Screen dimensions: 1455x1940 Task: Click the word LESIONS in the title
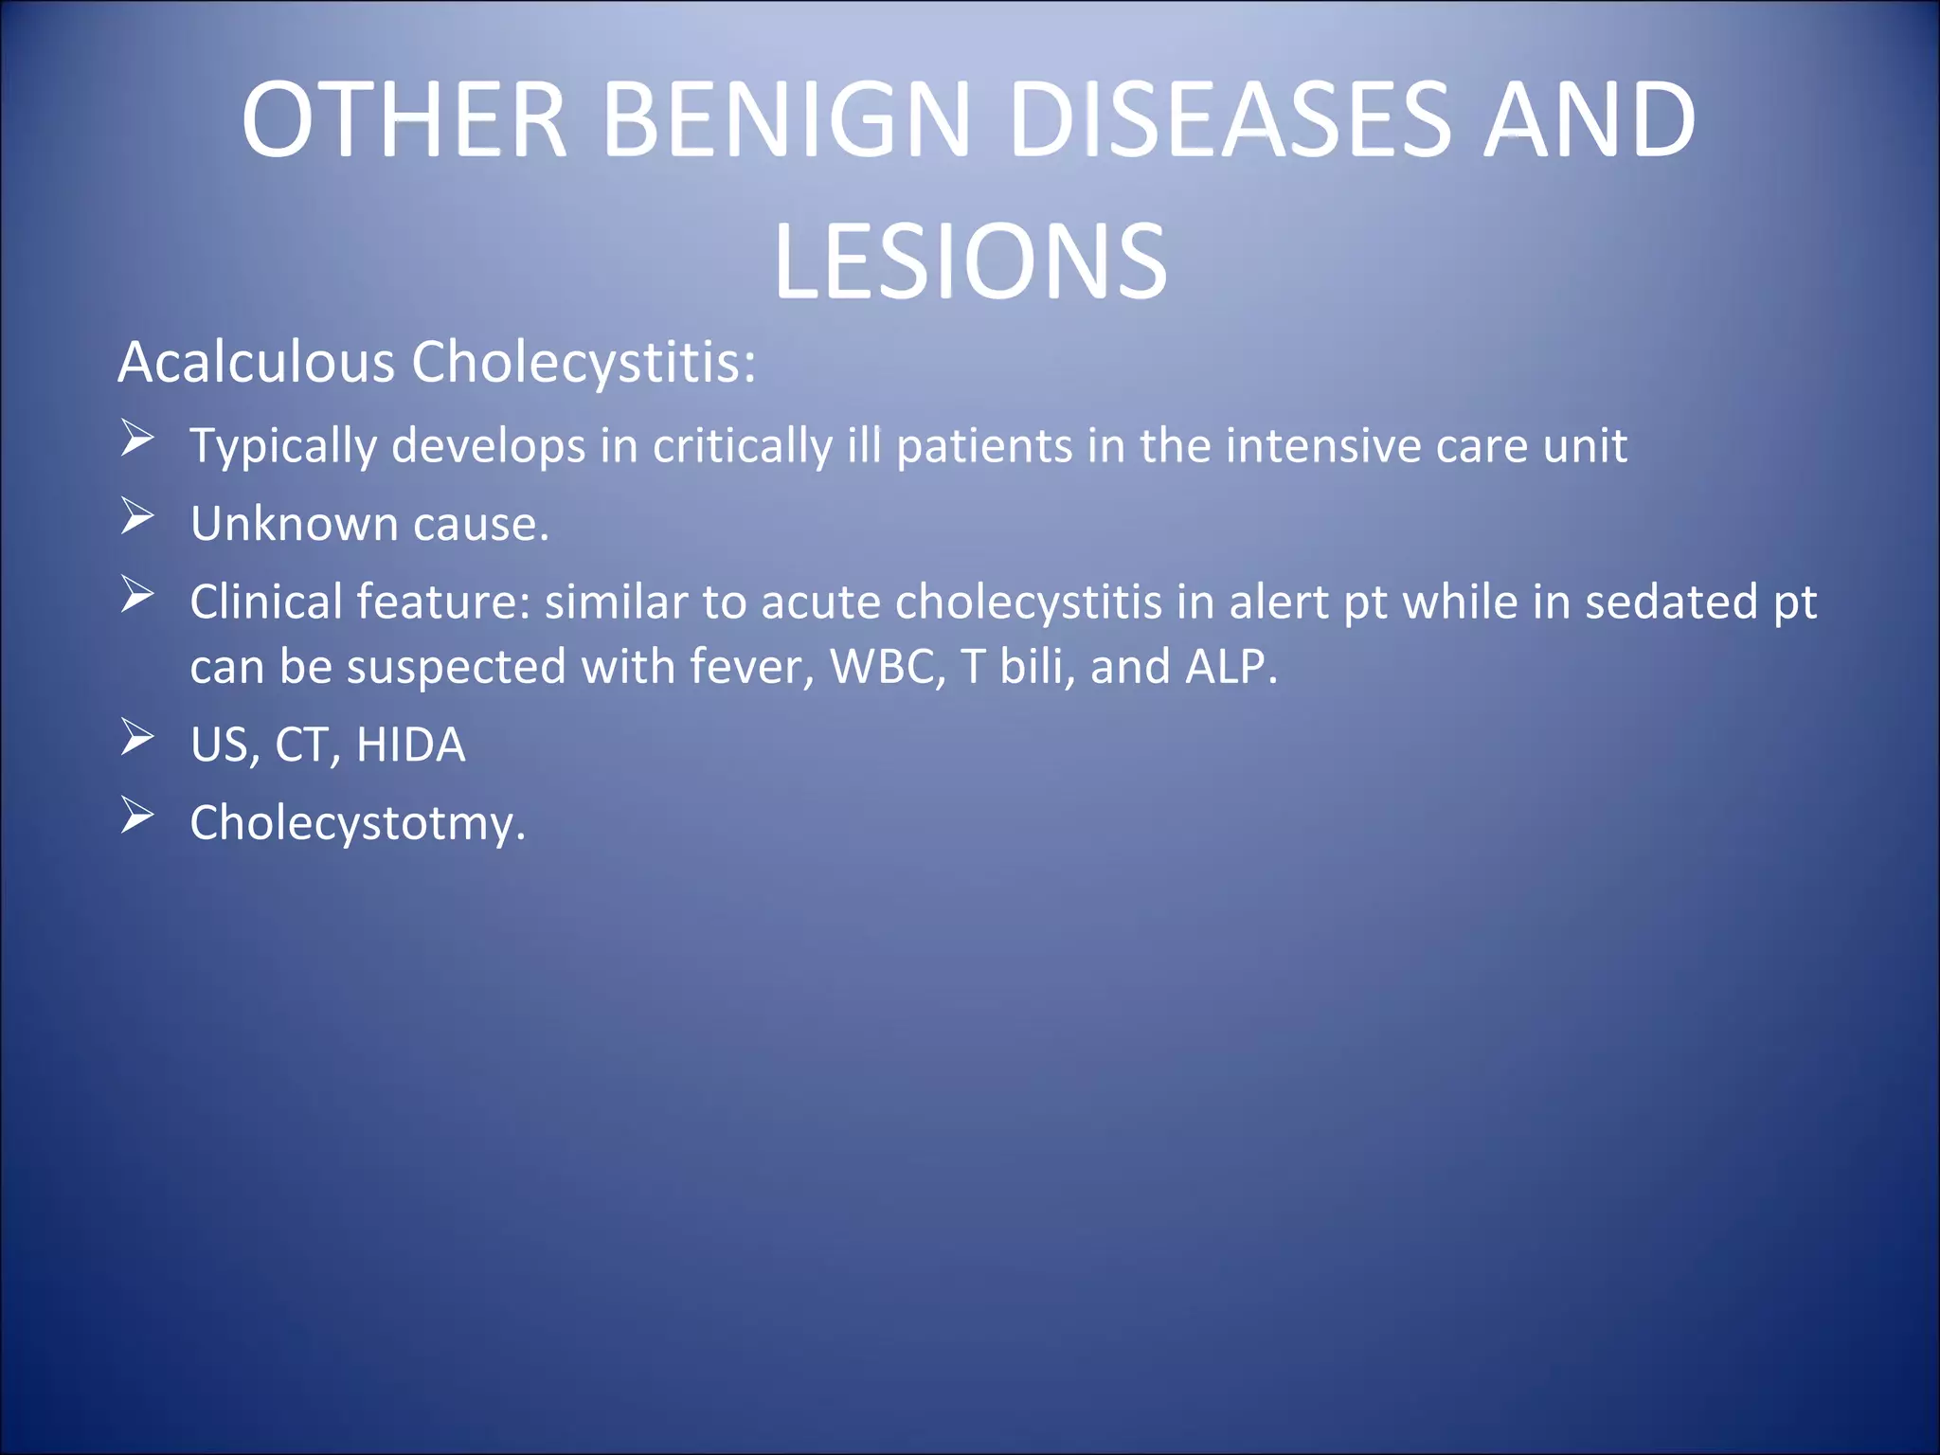970,262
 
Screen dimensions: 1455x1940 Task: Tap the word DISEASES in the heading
1230,120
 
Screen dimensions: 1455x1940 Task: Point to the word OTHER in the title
404,120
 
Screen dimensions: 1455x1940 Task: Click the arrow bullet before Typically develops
137,439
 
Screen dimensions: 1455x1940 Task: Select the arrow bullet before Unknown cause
137,517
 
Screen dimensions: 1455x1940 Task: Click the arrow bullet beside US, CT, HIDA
137,738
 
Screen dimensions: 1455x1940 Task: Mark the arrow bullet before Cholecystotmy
137,816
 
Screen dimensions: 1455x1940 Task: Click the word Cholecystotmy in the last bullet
352,823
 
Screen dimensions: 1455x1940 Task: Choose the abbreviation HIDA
410,745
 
